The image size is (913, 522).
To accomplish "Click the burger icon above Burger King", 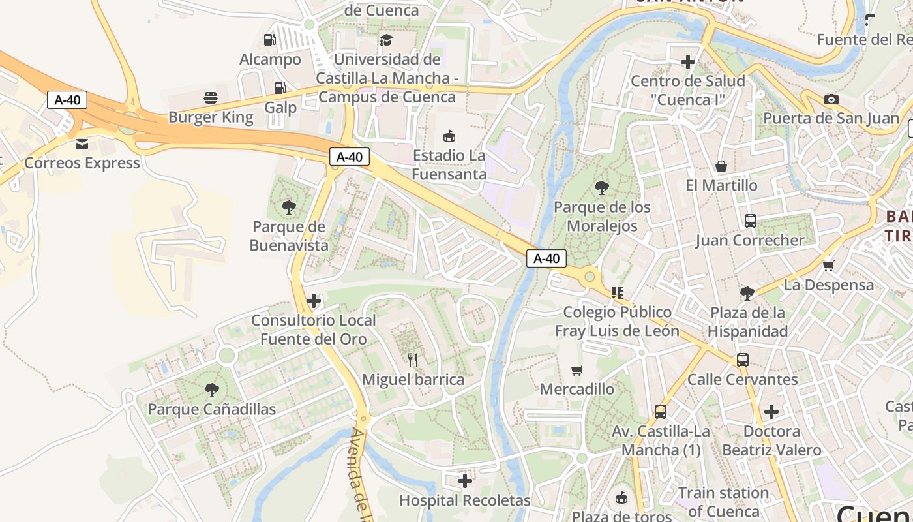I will (211, 98).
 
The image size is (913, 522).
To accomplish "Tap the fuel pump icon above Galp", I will (280, 87).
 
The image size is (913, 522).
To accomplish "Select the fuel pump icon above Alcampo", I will (269, 40).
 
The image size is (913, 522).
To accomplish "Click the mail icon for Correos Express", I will (82, 144).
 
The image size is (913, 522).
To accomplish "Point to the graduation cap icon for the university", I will (387, 40).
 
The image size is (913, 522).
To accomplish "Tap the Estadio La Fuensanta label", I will (449, 165).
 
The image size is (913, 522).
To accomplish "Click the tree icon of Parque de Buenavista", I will (288, 207).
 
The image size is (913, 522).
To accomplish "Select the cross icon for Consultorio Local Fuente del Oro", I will (314, 301).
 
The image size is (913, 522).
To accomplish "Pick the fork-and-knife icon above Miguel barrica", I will (413, 360).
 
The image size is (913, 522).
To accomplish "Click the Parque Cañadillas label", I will (212, 409).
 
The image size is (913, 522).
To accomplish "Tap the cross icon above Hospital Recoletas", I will (465, 482).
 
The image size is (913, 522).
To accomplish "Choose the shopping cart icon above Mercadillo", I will (576, 370).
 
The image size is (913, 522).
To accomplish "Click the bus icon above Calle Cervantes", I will (742, 360).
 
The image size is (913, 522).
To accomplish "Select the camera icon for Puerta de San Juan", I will (831, 99).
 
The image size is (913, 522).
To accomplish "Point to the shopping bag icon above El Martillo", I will (721, 166).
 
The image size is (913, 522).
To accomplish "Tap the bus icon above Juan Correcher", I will (750, 221).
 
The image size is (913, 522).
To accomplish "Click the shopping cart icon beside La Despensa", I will (828, 266).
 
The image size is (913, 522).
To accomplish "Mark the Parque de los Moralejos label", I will (602, 217).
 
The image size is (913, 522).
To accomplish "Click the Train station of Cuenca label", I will (723, 502).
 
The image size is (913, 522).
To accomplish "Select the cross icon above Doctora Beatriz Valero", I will (771, 412).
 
